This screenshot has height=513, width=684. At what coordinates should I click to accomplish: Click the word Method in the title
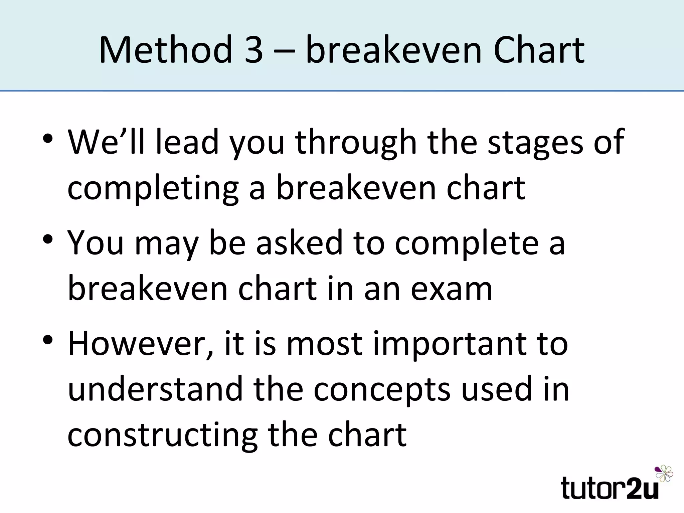pyautogui.click(x=166, y=50)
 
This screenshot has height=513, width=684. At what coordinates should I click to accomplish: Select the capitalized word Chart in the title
pyautogui.click(x=539, y=50)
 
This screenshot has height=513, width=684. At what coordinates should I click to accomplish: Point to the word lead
pyautogui.click(x=187, y=142)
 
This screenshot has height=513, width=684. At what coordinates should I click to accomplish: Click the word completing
pyautogui.click(x=153, y=189)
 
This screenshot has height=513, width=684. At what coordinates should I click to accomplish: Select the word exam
pyautogui.click(x=451, y=289)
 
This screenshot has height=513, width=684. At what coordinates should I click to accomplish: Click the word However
pyautogui.click(x=141, y=344)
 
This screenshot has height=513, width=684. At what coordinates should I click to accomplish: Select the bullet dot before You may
pyautogui.click(x=48, y=239)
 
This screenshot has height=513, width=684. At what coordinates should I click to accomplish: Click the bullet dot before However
pyautogui.click(x=48, y=340)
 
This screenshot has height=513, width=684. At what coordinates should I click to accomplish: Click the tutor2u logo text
pyautogui.click(x=610, y=488)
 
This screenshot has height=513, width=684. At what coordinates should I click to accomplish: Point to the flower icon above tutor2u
pyautogui.click(x=664, y=474)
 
